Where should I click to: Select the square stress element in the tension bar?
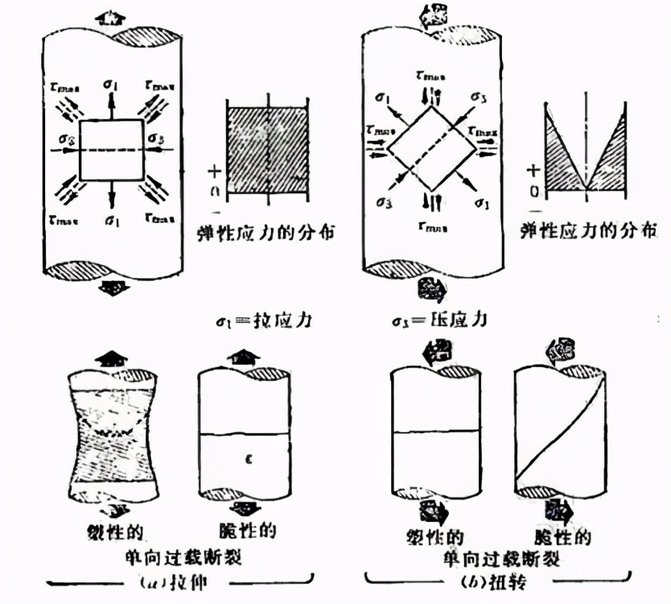[x=112, y=150]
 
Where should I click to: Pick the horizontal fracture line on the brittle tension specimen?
[x=243, y=435]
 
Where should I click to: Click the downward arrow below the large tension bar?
[x=112, y=288]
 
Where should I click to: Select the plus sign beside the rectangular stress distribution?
[x=214, y=171]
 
